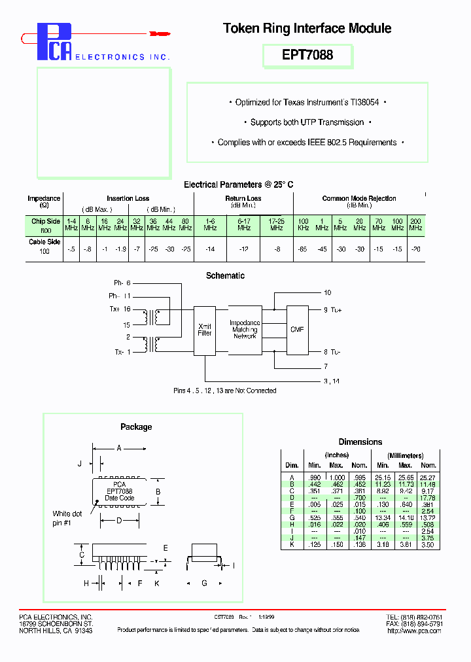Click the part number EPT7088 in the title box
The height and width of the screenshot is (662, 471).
click(x=307, y=56)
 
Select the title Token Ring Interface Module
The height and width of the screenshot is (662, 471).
click(x=307, y=28)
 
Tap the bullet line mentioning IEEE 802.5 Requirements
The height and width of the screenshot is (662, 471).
click(x=307, y=142)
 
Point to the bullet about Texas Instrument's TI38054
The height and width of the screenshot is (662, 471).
click(x=307, y=103)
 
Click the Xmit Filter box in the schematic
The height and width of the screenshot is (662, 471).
click(x=205, y=330)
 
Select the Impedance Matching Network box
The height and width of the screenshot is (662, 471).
click(x=245, y=330)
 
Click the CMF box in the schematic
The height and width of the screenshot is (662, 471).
click(x=296, y=330)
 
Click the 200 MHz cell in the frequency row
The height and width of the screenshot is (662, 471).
click(x=415, y=224)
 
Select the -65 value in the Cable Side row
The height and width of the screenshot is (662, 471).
click(x=303, y=249)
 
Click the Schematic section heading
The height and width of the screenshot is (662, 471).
click(x=225, y=275)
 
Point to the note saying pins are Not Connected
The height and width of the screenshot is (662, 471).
click(x=224, y=391)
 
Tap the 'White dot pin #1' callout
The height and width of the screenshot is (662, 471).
click(x=67, y=518)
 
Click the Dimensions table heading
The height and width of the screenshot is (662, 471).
click(x=360, y=442)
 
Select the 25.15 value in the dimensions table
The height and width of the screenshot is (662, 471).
click(x=382, y=477)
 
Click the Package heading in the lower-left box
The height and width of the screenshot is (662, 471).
click(x=136, y=427)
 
